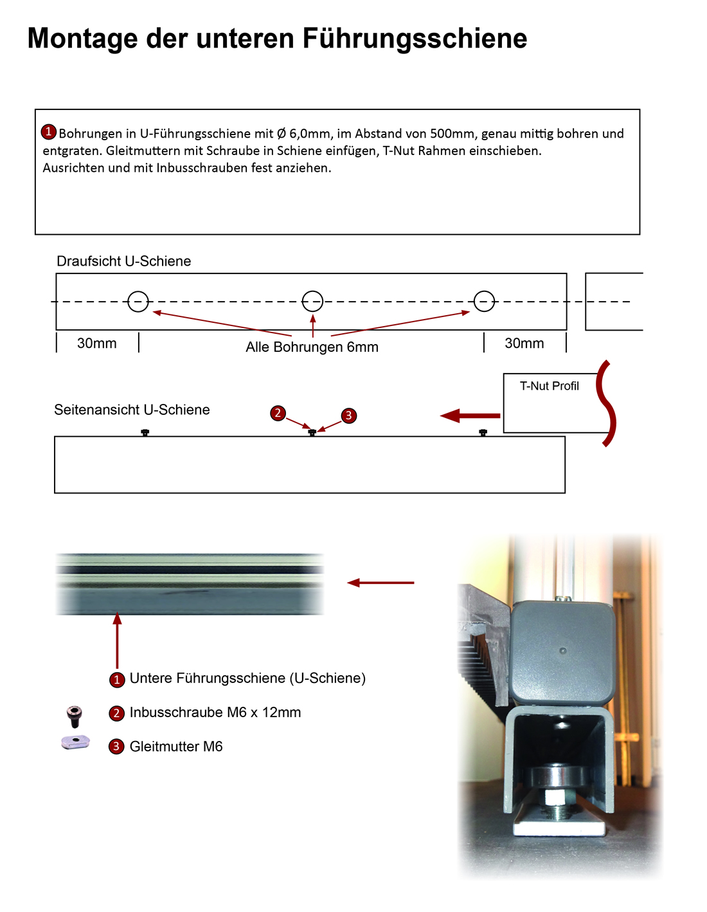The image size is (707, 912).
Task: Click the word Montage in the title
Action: coord(82,39)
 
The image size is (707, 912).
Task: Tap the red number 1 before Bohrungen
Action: coord(49,132)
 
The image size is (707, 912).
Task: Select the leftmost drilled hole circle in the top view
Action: coord(138,301)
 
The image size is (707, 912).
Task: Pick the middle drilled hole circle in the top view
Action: coord(312,300)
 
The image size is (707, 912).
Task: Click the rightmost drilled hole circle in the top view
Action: coord(484,301)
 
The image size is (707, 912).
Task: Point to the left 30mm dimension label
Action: coord(97,343)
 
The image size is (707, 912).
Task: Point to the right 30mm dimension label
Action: coord(524,343)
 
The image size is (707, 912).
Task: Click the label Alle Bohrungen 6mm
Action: coord(312,347)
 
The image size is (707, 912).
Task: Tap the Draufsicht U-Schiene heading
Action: coord(123,261)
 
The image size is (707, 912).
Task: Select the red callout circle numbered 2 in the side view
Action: coord(278,413)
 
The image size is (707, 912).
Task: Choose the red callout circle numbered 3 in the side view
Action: coord(348,415)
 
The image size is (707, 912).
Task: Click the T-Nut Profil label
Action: coord(549,386)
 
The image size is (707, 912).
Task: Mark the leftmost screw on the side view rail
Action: coord(145,432)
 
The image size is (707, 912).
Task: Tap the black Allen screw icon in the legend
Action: coord(75,715)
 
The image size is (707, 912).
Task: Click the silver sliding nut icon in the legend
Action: coord(75,742)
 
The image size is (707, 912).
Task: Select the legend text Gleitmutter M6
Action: coord(176,747)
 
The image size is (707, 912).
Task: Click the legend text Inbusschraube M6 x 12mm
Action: coord(215,713)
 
